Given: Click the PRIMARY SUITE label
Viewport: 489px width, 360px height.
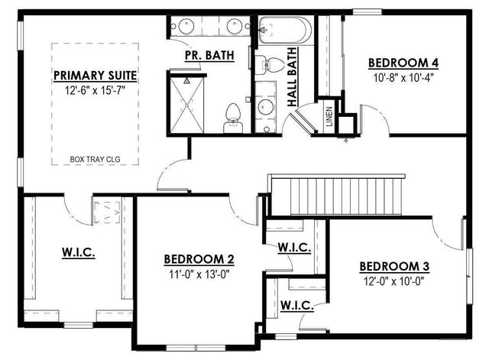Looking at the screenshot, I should pyautogui.click(x=95, y=76).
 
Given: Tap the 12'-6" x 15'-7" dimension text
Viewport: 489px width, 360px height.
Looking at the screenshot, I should pyautogui.click(x=95, y=90).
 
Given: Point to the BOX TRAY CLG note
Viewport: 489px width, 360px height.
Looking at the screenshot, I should pyautogui.click(x=95, y=161).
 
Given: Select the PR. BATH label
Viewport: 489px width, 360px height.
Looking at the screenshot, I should pyautogui.click(x=209, y=57).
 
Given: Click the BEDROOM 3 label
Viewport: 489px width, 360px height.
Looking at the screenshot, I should pyautogui.click(x=394, y=266).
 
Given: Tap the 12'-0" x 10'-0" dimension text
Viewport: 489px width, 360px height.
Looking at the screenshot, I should pyautogui.click(x=394, y=281).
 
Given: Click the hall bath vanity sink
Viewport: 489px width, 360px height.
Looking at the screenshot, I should pyautogui.click(x=264, y=106).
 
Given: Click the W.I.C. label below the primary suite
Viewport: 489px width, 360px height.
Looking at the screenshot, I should pyautogui.click(x=77, y=252).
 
